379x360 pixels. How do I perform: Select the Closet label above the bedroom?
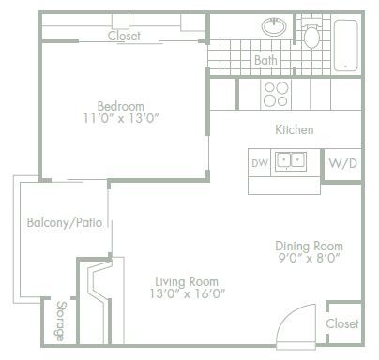[x=124, y=37]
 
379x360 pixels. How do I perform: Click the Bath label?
[x=265, y=61]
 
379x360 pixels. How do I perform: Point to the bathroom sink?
[x=275, y=28]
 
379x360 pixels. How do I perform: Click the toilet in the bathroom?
[x=312, y=35]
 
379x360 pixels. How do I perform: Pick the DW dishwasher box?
[x=260, y=163]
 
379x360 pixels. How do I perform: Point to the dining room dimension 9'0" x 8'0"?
[x=307, y=257]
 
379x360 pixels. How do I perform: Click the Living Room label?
[x=187, y=280]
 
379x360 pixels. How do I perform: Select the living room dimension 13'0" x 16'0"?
[x=187, y=293]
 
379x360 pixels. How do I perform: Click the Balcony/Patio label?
[x=64, y=223]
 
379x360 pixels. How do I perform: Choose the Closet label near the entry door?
[x=341, y=322]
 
